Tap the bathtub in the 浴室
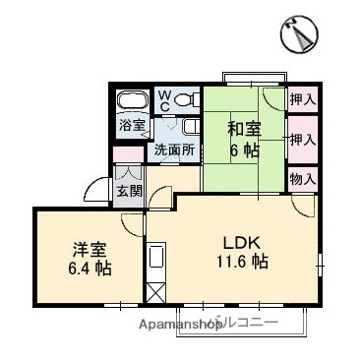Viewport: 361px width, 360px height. [x=131, y=103]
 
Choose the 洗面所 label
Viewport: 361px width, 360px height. [x=172, y=151]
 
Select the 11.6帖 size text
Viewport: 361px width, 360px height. [x=241, y=263]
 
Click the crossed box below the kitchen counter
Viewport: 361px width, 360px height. [x=156, y=293]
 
